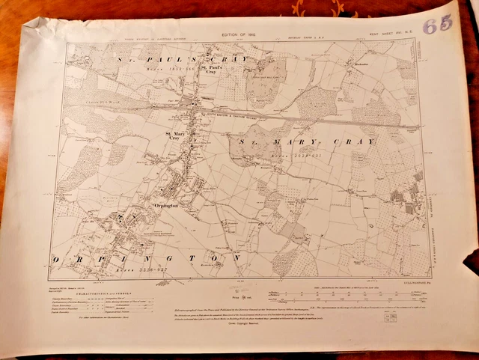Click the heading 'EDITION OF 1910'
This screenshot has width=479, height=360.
pos(238,34)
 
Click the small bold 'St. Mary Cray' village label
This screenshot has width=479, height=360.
pos(174,135)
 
